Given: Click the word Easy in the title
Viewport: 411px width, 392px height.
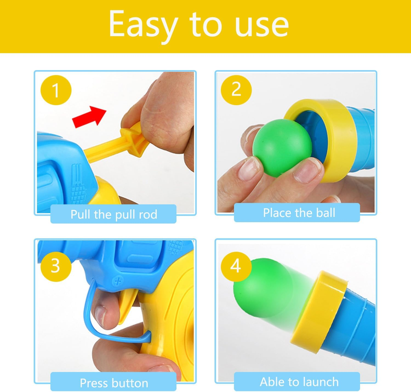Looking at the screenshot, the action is [143, 25].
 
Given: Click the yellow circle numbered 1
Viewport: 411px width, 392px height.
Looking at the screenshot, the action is [56, 90].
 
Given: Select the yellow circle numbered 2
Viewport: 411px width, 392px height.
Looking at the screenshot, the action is [236, 90].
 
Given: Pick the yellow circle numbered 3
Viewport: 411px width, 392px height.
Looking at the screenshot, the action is [56, 266].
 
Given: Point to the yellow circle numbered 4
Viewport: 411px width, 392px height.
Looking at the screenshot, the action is [236, 266].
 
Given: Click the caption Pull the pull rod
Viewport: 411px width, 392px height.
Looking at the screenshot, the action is [114, 214].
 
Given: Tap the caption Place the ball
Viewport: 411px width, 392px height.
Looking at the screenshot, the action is [299, 213].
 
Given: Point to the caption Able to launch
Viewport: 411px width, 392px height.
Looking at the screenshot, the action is [299, 382].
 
